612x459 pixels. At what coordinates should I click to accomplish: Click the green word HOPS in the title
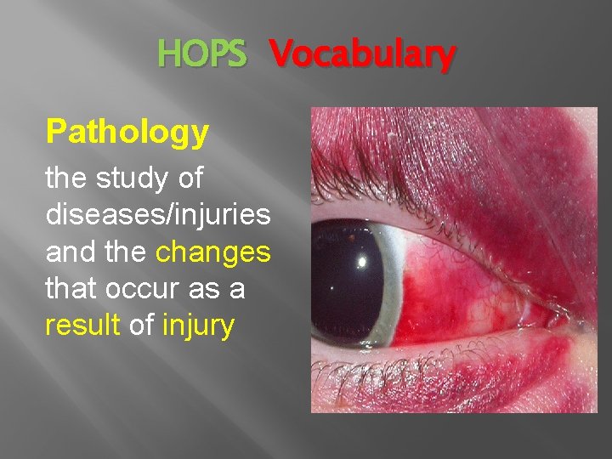201,55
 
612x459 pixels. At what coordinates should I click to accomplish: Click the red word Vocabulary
363,55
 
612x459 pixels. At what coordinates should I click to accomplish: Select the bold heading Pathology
127,132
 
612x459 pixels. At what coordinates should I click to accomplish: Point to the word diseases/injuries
158,215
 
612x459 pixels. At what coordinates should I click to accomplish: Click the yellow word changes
214,252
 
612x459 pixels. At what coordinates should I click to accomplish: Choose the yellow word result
82,326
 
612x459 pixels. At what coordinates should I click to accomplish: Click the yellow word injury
197,326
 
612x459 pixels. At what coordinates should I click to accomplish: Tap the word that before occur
71,289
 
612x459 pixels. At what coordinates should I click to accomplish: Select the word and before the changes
71,252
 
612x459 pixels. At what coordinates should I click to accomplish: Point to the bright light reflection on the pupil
360,263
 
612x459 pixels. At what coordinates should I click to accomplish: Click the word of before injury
141,326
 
